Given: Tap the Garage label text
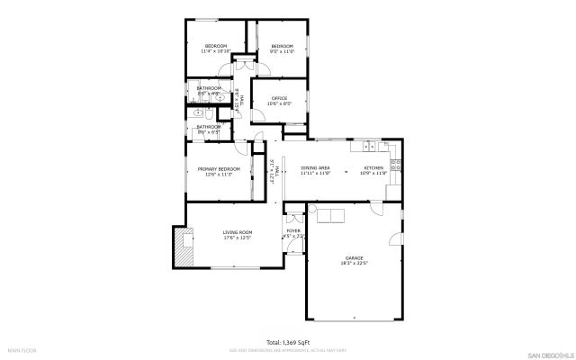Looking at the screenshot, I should [352, 258].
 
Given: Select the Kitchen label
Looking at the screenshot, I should [373, 167].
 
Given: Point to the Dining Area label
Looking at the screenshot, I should [315, 167].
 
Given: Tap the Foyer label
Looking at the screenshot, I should [293, 231].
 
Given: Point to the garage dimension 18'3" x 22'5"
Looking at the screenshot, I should [352, 264].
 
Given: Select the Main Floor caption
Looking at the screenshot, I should [22, 349].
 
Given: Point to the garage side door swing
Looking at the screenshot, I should [395, 240].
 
